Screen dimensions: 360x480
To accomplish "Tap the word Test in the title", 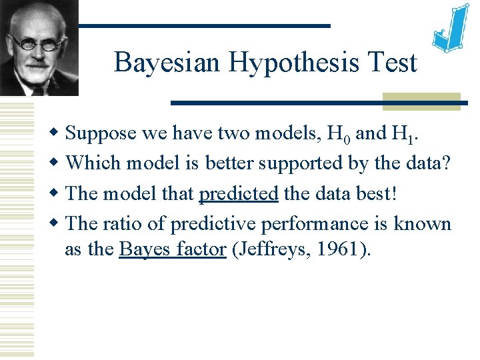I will [395, 63].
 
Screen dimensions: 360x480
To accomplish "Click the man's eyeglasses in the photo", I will [39, 41].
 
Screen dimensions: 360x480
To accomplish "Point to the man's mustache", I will [37, 64].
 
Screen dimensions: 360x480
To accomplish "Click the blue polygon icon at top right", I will [451, 31].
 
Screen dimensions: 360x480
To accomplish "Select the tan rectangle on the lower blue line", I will [421, 101].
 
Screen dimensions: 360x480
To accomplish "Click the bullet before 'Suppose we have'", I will [58, 133].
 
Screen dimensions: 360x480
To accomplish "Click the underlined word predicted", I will [239, 194].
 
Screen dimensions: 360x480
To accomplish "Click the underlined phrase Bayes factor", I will [172, 249].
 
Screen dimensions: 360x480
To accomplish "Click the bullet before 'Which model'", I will [58, 163].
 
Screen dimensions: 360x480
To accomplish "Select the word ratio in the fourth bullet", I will [126, 224].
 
